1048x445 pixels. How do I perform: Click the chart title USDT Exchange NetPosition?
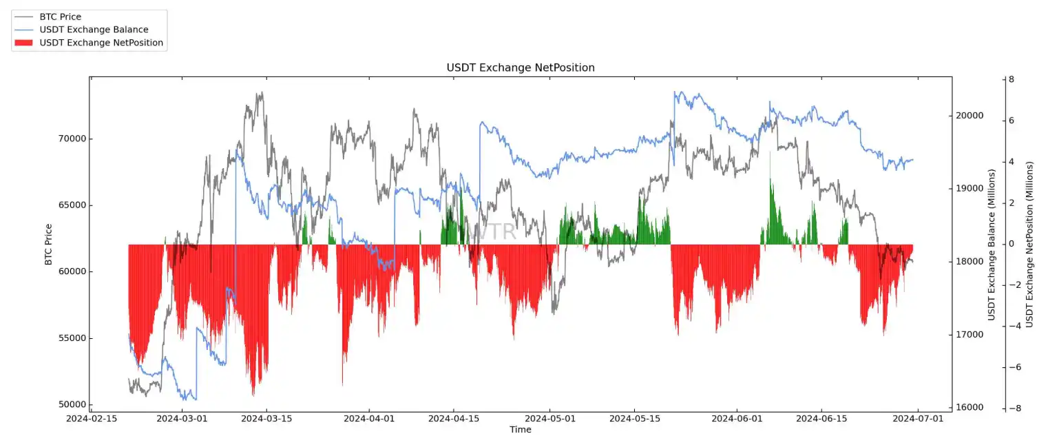(x=520, y=68)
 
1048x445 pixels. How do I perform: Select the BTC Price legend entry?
(x=61, y=17)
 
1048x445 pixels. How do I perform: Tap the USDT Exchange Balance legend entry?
(x=94, y=30)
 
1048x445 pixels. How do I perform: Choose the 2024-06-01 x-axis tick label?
(x=737, y=418)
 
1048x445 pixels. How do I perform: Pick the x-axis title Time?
(x=520, y=430)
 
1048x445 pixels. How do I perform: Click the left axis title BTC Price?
(x=48, y=245)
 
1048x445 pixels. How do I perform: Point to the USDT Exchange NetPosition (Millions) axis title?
(x=1029, y=245)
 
